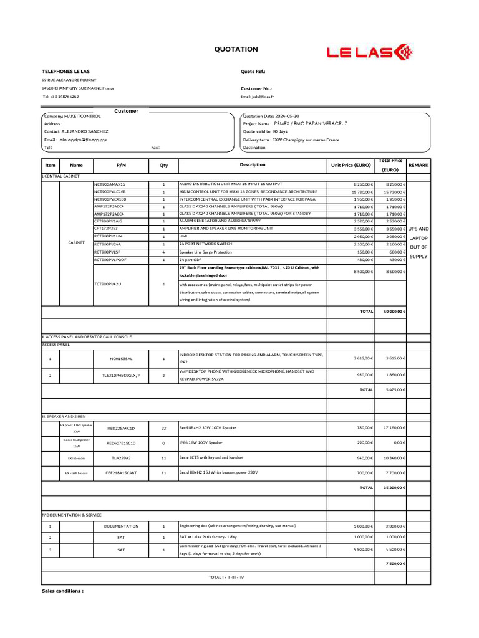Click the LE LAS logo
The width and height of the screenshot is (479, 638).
coord(368,52)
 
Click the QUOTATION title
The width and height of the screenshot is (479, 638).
coord(236,49)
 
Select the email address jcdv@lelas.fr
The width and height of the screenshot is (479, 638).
coord(258,97)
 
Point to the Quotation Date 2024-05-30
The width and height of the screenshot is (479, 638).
coord(271,116)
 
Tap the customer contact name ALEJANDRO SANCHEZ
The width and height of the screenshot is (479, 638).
coord(85,131)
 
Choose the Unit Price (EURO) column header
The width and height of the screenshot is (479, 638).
coord(351,165)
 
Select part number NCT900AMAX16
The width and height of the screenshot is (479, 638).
coord(110,184)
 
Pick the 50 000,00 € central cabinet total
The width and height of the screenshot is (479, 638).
coord(394,311)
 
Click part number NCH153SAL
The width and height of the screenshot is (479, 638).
coord(121,359)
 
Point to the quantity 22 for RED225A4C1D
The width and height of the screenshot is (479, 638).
coord(163,428)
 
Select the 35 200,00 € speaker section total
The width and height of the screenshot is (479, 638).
coord(394,487)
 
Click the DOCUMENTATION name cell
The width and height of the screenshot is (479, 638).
coord(121,526)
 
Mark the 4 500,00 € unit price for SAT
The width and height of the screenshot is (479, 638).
coord(362,550)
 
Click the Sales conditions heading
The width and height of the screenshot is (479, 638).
coord(62,590)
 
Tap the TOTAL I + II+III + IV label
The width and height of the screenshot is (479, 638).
coord(226,578)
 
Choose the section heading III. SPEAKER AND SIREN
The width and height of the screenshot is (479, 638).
coord(64,415)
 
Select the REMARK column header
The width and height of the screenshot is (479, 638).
coord(418,165)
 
